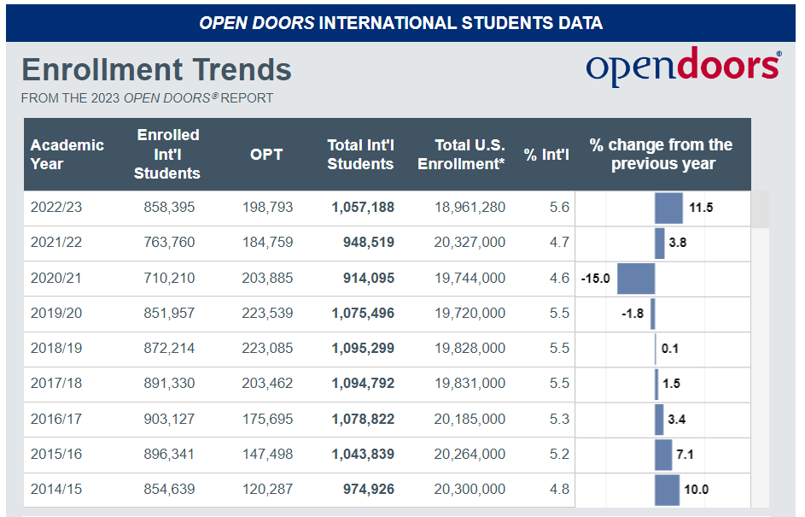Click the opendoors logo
click(682, 67)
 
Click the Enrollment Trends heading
click(156, 69)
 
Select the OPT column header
click(265, 155)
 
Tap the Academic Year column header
click(67, 154)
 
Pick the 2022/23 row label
click(56, 208)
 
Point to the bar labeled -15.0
click(635, 279)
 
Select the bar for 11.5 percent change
click(668, 208)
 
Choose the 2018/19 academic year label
click(56, 348)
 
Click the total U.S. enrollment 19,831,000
click(470, 383)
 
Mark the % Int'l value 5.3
click(559, 419)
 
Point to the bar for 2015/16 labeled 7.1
click(663, 455)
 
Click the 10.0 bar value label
click(697, 490)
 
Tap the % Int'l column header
click(546, 155)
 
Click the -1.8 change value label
click(633, 314)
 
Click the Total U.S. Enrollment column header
click(462, 155)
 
